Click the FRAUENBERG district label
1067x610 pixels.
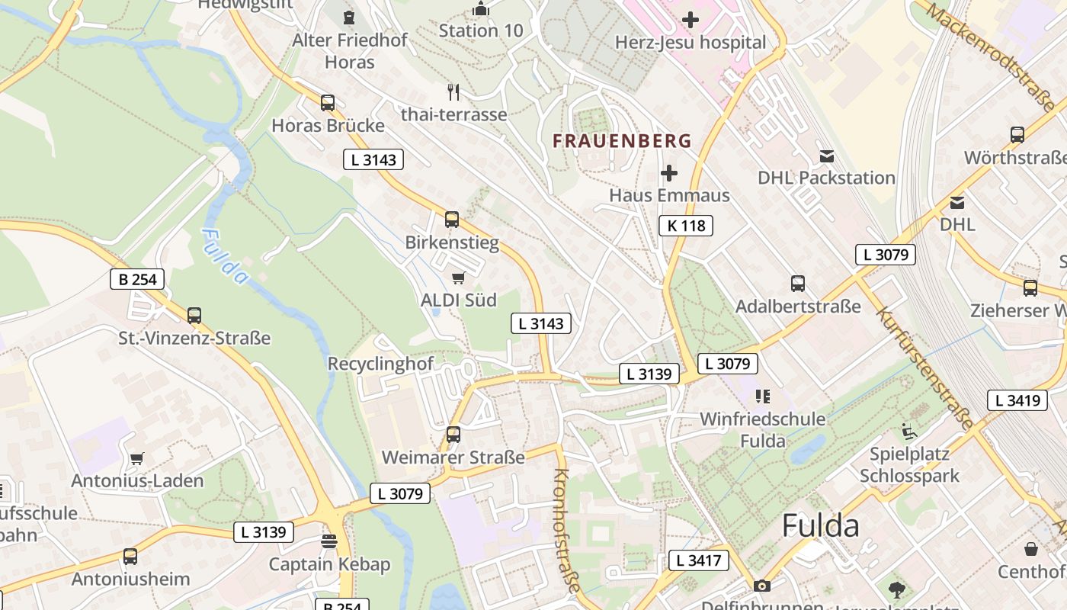click(x=623, y=141)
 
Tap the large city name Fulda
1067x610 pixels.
click(x=821, y=526)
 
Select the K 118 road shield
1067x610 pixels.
click(x=686, y=226)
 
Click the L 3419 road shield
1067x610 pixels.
click(x=1018, y=400)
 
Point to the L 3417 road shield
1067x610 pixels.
click(x=699, y=561)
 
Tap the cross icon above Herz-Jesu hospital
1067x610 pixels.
click(x=691, y=19)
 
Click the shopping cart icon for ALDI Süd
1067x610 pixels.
click(x=458, y=278)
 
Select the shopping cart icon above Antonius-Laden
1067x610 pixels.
click(x=137, y=459)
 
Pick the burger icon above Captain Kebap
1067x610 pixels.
click(x=329, y=541)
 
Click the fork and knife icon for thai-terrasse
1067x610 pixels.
click(x=454, y=92)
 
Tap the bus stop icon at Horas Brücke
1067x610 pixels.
click(x=328, y=103)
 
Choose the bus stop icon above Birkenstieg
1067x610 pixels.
click(x=452, y=220)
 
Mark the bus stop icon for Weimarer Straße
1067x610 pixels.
click(x=453, y=435)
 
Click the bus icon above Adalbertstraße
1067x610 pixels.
click(x=798, y=284)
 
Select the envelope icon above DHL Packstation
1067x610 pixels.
click(x=827, y=156)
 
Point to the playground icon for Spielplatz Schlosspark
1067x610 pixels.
click(x=909, y=432)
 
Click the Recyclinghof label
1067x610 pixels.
click(x=380, y=364)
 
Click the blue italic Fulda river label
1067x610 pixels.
click(x=226, y=257)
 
